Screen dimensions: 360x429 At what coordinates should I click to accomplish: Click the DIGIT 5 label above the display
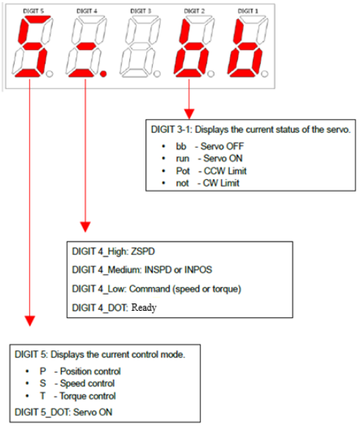(33, 11)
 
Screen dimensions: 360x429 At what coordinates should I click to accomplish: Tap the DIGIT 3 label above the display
(140, 11)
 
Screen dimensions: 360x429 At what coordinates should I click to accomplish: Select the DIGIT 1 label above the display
(248, 11)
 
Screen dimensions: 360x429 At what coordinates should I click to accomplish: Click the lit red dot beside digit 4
(103, 73)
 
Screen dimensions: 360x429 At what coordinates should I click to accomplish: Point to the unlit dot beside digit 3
(156, 73)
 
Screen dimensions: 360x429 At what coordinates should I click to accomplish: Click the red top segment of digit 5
(37, 18)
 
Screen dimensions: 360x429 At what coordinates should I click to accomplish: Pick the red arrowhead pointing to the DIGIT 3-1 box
(189, 114)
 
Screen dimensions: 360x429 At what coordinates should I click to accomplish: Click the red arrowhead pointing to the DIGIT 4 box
(85, 227)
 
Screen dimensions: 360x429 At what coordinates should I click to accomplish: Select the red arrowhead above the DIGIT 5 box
(30, 321)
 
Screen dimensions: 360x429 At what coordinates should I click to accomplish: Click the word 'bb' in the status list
(181, 146)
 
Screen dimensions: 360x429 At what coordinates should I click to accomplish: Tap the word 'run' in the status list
(182, 159)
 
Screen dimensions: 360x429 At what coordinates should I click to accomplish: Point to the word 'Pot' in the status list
(183, 171)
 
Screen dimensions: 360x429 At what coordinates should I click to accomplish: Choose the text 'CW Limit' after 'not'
(221, 183)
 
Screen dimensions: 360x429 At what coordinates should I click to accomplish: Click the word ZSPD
(143, 251)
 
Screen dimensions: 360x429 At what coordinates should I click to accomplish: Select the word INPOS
(198, 270)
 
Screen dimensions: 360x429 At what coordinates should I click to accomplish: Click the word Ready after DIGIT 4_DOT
(144, 308)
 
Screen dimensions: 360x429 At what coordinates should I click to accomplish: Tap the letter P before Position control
(43, 371)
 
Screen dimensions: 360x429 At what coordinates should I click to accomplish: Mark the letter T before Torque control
(43, 396)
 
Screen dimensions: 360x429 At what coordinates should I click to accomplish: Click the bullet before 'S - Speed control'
(27, 384)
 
